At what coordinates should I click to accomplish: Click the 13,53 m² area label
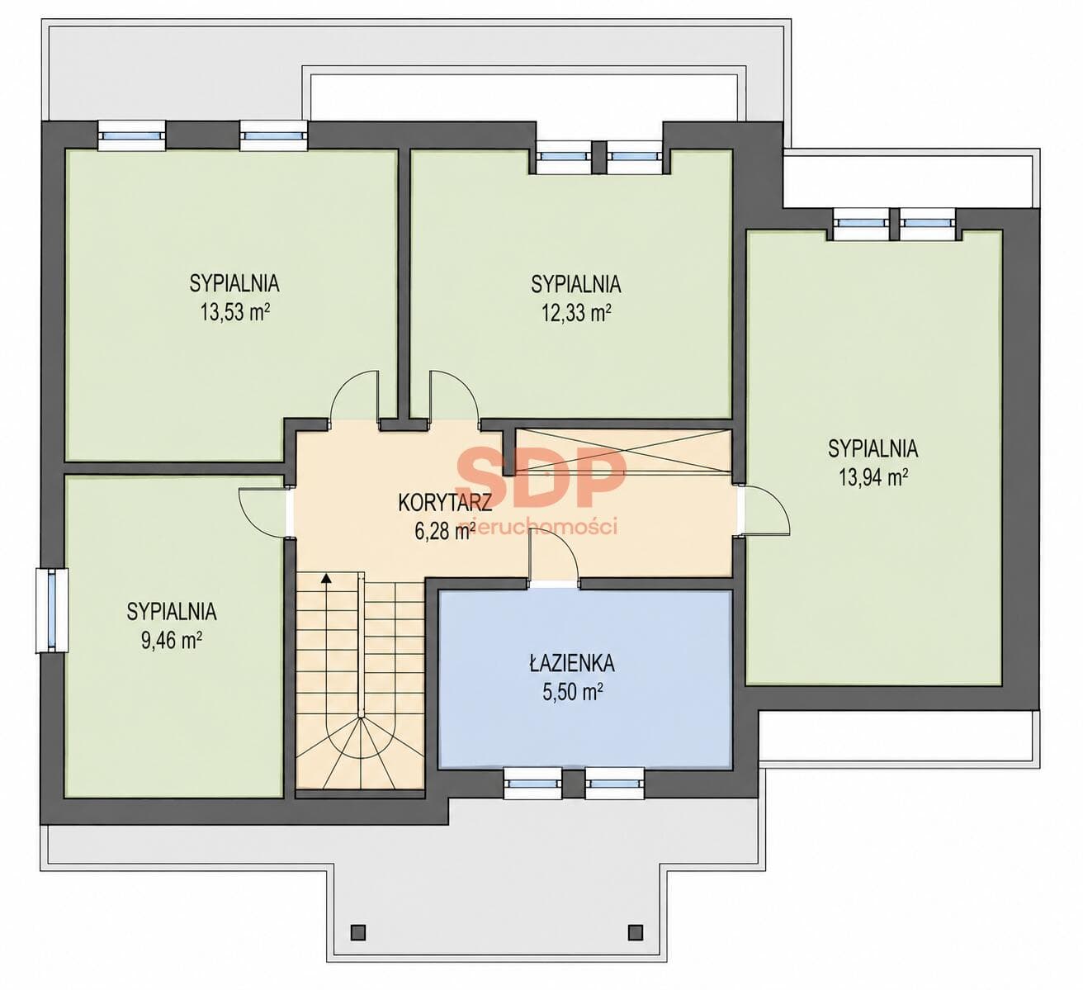[x=235, y=311]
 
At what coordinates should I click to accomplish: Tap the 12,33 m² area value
[x=576, y=312]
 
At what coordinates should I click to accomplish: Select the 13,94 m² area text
[x=873, y=477]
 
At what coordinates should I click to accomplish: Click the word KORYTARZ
[x=446, y=503]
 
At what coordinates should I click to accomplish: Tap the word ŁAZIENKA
[x=572, y=663]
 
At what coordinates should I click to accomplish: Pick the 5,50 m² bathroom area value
[x=572, y=693]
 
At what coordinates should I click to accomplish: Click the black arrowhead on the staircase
[x=326, y=579]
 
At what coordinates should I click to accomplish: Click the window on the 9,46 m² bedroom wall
[x=52, y=610]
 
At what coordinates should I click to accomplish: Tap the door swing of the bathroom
[x=561, y=546]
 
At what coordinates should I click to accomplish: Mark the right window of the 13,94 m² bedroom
[x=928, y=222]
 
